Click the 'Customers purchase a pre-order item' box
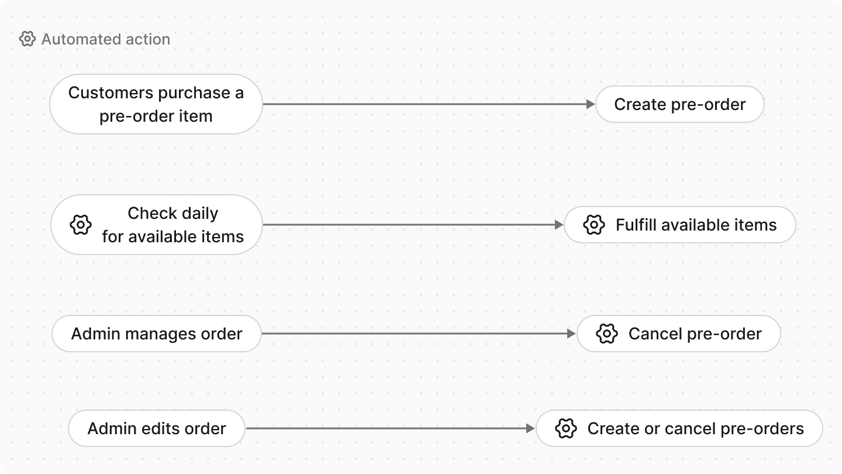156,104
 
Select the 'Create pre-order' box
679,104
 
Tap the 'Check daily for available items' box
156,225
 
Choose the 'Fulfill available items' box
679,225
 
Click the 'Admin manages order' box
156,334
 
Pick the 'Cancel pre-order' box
678,334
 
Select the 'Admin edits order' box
156,428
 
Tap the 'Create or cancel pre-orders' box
679,428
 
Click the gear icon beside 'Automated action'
27,39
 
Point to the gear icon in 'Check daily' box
81,225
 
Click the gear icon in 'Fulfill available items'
594,225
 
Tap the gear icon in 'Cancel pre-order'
607,334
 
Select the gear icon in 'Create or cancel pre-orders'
566,428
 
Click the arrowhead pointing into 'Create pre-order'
591,104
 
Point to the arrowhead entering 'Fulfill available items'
559,225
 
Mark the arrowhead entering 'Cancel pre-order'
572,334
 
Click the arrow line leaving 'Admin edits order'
386,428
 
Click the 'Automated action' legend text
106,39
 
